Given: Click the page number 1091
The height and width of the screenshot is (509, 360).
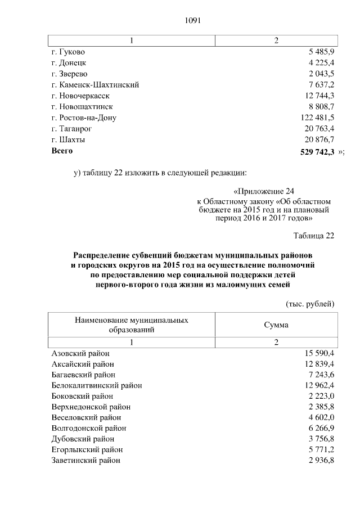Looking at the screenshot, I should pos(193,21).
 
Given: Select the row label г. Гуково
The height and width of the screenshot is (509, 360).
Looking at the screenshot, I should pos(67,52).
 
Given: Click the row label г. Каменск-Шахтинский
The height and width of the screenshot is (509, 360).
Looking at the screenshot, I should pos(95,85).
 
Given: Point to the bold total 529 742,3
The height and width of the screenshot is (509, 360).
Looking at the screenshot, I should pos(316,151).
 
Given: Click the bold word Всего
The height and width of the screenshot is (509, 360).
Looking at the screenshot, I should pos(62,151).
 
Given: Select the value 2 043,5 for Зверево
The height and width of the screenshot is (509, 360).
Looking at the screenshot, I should pos(319,74).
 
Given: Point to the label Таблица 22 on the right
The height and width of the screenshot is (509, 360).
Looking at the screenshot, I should pos(314,235).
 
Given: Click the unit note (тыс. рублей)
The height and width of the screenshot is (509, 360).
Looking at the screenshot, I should pos(310,304).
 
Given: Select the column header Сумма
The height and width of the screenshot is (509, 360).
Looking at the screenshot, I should pos(276,325).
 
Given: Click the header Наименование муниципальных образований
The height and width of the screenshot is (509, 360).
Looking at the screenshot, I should pos(131,325).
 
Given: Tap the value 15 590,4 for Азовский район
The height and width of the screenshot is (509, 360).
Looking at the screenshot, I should pos(318,353).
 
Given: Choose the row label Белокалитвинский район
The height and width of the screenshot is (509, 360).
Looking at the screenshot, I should pos(96,385).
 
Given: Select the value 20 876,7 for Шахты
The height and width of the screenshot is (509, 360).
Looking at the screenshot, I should pos(318,139).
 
